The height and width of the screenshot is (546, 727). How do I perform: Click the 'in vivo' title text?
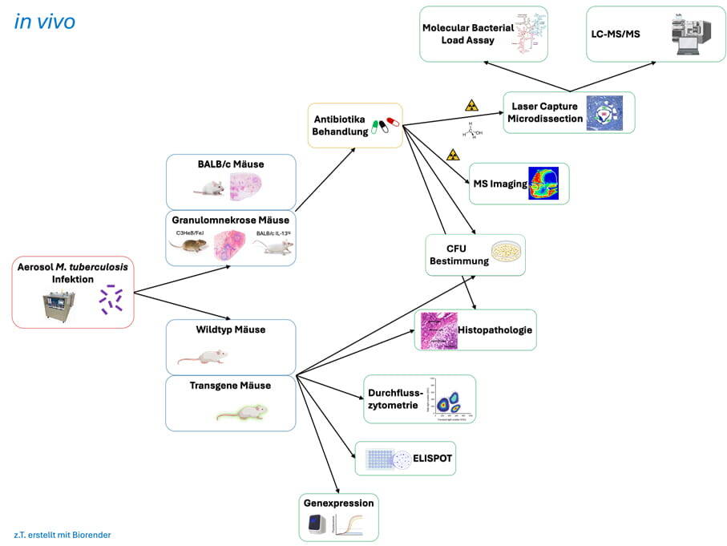point(45,22)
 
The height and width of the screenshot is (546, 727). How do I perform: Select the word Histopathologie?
point(495,330)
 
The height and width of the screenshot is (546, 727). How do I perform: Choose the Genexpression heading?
point(338,504)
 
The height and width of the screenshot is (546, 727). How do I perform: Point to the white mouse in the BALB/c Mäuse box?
point(210,188)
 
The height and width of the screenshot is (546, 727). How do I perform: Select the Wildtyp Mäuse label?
point(230,330)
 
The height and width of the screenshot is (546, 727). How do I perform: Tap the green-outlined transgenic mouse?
point(243,412)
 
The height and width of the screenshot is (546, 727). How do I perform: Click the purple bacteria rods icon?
point(111,299)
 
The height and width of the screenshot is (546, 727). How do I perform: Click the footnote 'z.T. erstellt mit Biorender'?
point(63,534)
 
